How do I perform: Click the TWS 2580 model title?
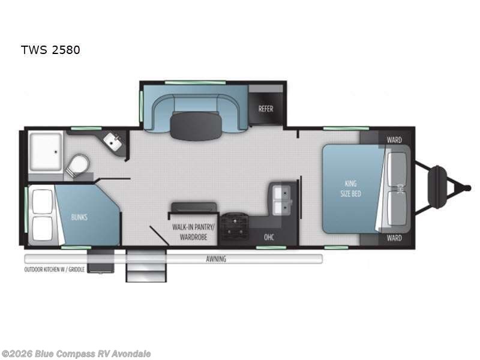coord(50,50)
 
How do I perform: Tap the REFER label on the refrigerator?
coord(266,109)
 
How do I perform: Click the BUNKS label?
coord(79,217)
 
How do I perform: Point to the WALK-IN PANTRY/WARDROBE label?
coord(190,232)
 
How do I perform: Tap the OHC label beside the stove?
coord(269,237)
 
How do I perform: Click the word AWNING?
coord(216,259)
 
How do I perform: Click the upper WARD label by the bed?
coord(394,140)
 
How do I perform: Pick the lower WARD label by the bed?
coord(394,238)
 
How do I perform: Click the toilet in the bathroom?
coord(77,165)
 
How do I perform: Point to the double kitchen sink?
coord(280,200)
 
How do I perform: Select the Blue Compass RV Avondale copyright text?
coord(76,353)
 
